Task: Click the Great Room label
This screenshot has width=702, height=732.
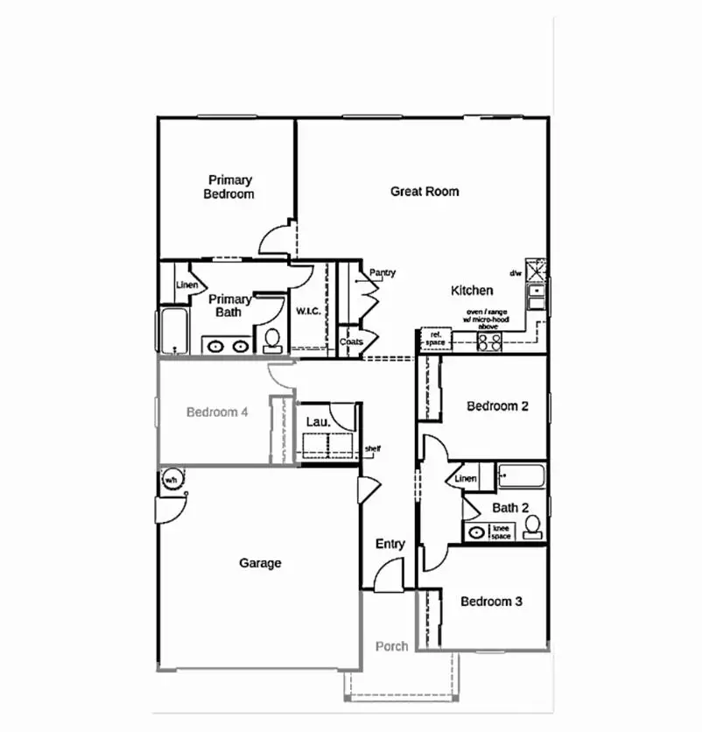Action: [x=425, y=191]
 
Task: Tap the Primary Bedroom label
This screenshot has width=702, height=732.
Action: [x=229, y=187]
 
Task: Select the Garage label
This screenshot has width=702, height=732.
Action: [x=260, y=563]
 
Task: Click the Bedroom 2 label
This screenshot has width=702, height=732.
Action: [x=497, y=406]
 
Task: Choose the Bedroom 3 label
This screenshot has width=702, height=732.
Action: [x=492, y=602]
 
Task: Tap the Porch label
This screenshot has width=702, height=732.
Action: [x=391, y=646]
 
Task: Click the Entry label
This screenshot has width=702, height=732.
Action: [x=390, y=544]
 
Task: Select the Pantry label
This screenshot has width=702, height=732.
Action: [x=383, y=272]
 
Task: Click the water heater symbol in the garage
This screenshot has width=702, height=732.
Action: [x=171, y=480]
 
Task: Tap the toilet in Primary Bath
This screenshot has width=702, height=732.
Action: [x=271, y=339]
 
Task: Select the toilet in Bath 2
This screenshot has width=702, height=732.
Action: [x=531, y=526]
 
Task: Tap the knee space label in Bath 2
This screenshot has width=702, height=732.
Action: [x=501, y=531]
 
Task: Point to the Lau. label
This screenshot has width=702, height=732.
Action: [x=318, y=422]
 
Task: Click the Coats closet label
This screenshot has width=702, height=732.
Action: [x=351, y=341]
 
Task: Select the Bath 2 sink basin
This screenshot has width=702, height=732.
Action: [x=477, y=531]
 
